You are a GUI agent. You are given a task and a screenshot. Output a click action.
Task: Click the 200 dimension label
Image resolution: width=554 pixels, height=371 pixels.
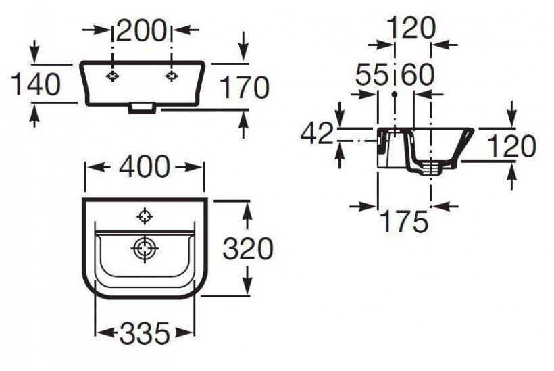[x=141, y=29]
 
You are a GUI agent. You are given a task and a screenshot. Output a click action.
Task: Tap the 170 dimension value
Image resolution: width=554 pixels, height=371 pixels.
[x=244, y=87]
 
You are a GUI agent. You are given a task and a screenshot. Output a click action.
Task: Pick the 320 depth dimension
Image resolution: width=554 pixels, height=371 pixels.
[x=247, y=249]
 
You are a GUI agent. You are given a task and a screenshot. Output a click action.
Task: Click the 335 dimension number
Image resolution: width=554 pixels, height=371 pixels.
[x=143, y=332]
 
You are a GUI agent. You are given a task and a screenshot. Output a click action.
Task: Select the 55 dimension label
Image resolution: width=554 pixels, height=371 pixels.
[x=374, y=75]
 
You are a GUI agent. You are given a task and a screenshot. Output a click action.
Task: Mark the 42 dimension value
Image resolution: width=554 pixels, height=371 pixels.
[x=317, y=134]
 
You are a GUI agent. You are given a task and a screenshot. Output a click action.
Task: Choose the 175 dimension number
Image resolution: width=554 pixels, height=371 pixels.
[x=404, y=220]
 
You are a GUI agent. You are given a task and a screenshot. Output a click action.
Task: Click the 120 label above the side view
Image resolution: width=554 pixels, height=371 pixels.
[x=411, y=28]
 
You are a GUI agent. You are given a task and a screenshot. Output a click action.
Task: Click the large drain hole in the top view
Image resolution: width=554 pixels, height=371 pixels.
[x=145, y=249]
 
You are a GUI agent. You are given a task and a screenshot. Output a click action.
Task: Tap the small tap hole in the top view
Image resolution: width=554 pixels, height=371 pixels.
[x=144, y=216]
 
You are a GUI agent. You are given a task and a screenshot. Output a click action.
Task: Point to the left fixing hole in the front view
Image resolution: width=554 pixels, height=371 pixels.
[x=114, y=76]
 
